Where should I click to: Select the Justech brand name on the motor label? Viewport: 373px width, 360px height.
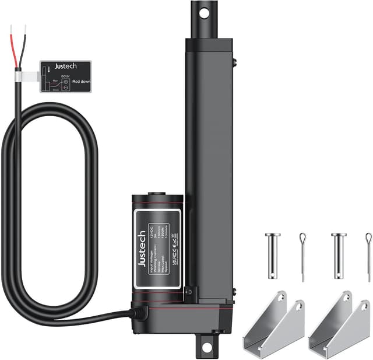[142, 248]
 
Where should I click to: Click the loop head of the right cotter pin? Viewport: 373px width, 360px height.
[368, 237]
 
